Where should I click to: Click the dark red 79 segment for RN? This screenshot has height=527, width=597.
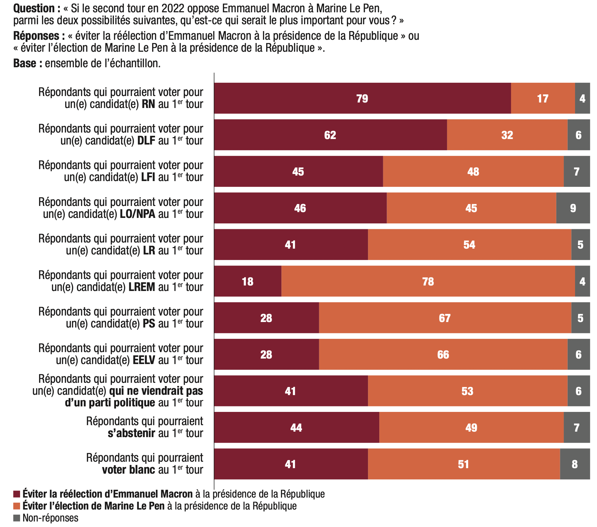(x=362, y=98)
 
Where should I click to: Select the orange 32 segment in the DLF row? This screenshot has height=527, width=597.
(x=507, y=135)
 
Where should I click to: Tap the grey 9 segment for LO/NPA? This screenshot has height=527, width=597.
(x=573, y=208)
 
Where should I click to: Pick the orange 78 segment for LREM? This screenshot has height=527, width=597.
(x=428, y=281)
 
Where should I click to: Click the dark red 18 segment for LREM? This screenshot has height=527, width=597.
(x=247, y=281)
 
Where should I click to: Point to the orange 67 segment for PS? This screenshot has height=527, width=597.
(x=445, y=318)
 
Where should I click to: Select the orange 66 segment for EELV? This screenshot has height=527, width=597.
(x=443, y=354)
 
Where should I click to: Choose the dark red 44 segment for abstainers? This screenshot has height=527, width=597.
(x=296, y=427)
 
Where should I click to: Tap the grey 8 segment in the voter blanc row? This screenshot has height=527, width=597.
(x=574, y=464)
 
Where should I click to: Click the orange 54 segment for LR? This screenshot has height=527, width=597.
(x=469, y=245)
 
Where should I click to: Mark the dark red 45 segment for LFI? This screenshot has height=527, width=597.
(x=298, y=171)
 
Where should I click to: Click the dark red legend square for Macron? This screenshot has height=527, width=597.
(x=16, y=494)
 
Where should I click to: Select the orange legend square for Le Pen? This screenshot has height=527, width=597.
(x=16, y=506)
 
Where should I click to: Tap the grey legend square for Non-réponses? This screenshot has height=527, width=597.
(x=16, y=518)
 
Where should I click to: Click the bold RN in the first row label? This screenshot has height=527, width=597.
(x=148, y=104)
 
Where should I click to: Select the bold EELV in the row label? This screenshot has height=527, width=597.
(x=144, y=360)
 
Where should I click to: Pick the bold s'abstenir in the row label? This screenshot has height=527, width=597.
(x=131, y=433)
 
